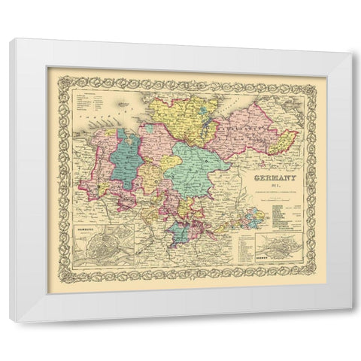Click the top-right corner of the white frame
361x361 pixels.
350,53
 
